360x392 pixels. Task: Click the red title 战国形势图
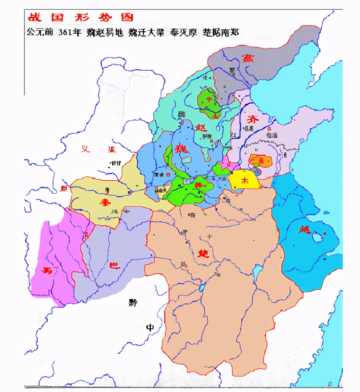(80, 17)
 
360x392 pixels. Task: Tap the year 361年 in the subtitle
(69, 32)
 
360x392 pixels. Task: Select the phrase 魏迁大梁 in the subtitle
(146, 32)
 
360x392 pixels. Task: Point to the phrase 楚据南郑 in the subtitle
(221, 32)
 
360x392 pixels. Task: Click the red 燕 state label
(248, 58)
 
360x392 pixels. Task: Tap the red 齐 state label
(253, 119)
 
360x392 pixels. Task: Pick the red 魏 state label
(181, 149)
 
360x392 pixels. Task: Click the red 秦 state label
(105, 202)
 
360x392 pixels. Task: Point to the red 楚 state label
(203, 253)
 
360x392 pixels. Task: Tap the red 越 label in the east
(305, 229)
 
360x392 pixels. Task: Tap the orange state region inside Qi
(261, 161)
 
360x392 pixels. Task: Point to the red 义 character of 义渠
(86, 149)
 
